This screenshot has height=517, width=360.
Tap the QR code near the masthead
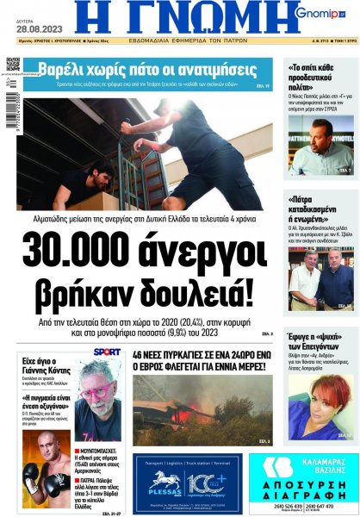click(x=12, y=65)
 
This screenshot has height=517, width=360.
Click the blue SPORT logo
click(x=106, y=352)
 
